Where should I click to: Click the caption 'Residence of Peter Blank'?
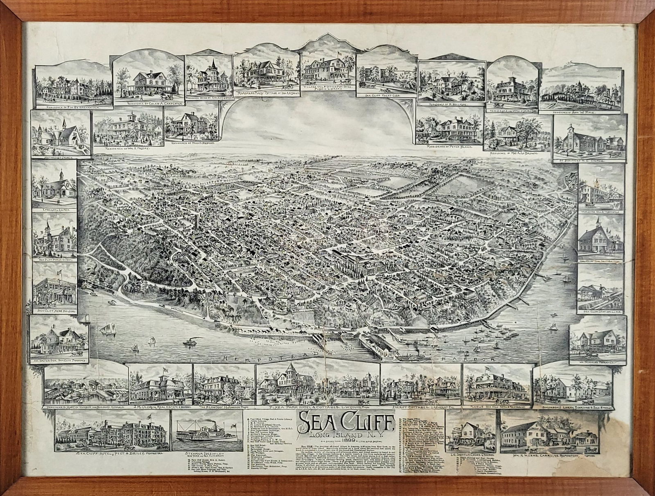coord(449,146)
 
